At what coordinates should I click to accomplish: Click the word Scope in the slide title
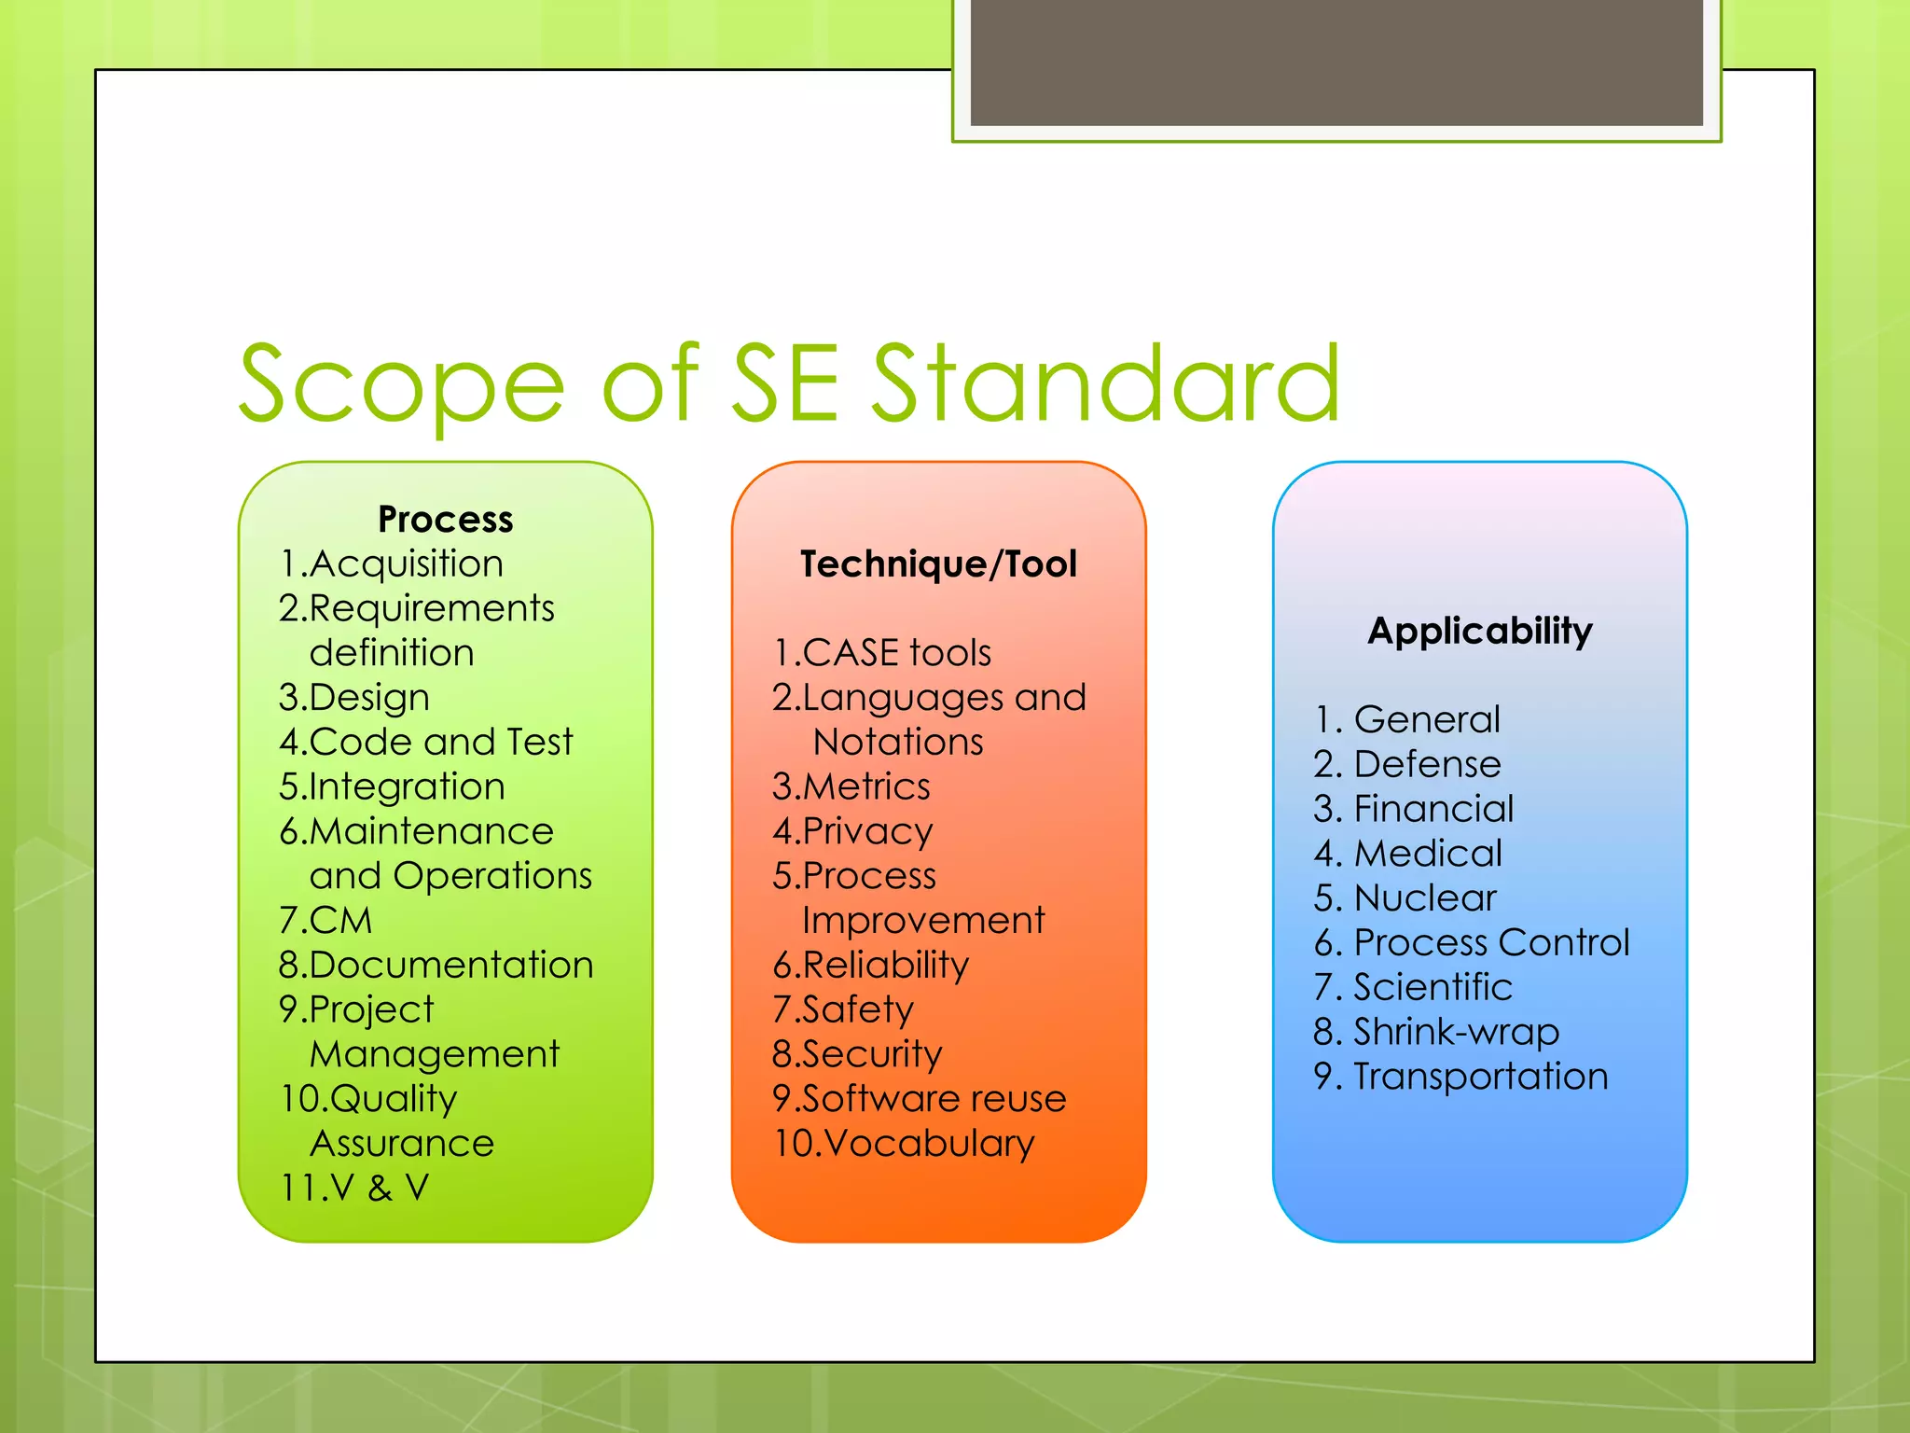(x=401, y=384)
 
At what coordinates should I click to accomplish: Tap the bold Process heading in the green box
(x=445, y=520)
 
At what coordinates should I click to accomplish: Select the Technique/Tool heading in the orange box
(x=938, y=564)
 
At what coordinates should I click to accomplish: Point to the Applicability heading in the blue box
(x=1479, y=632)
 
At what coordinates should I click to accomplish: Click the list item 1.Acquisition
(x=391, y=563)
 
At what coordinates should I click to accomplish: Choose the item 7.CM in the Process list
(x=325, y=921)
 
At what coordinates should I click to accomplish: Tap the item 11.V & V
(x=354, y=1188)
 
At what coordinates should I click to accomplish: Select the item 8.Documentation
(x=436, y=965)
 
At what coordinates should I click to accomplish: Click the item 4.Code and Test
(x=425, y=742)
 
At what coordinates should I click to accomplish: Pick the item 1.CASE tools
(x=881, y=653)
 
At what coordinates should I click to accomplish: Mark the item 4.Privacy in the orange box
(x=852, y=831)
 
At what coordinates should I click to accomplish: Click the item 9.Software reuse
(x=919, y=1099)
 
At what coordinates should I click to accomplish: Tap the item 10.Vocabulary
(x=904, y=1144)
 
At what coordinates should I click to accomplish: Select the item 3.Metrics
(x=851, y=786)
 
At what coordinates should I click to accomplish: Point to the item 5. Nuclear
(x=1405, y=898)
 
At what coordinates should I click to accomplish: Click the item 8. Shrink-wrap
(x=1436, y=1032)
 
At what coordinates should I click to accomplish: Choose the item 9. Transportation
(x=1460, y=1077)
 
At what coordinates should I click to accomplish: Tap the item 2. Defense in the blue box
(x=1407, y=764)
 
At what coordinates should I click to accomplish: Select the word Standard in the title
(x=1105, y=384)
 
